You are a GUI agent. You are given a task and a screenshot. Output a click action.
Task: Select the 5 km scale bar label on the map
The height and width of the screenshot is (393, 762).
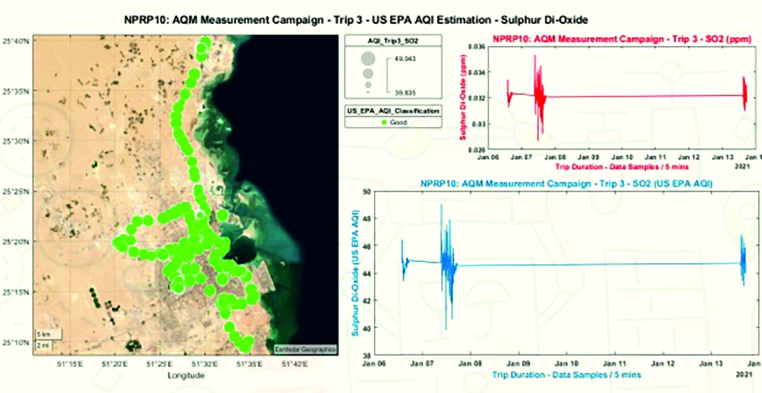[x=43, y=334]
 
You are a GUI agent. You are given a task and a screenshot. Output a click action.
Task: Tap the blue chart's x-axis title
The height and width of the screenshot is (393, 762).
[x=566, y=375]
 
